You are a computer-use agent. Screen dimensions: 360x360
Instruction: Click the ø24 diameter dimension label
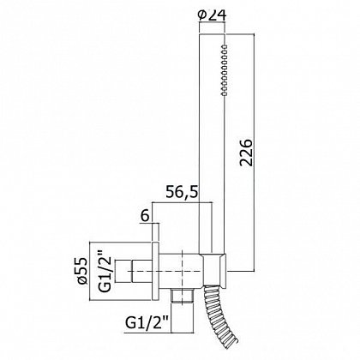(x=212, y=15)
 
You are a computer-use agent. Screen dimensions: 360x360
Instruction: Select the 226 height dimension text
(x=246, y=153)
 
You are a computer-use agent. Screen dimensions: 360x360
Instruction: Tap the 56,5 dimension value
(x=182, y=193)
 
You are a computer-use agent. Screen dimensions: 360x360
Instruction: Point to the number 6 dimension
(x=145, y=216)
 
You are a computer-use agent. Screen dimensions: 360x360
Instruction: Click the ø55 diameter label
(x=82, y=271)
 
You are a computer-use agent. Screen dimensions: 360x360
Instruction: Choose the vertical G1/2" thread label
(x=105, y=272)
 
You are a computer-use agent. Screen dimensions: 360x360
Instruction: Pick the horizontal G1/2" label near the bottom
(x=146, y=323)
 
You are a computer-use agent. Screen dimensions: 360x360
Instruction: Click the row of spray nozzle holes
(x=225, y=70)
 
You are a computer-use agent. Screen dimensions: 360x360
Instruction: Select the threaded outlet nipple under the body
(x=183, y=296)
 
